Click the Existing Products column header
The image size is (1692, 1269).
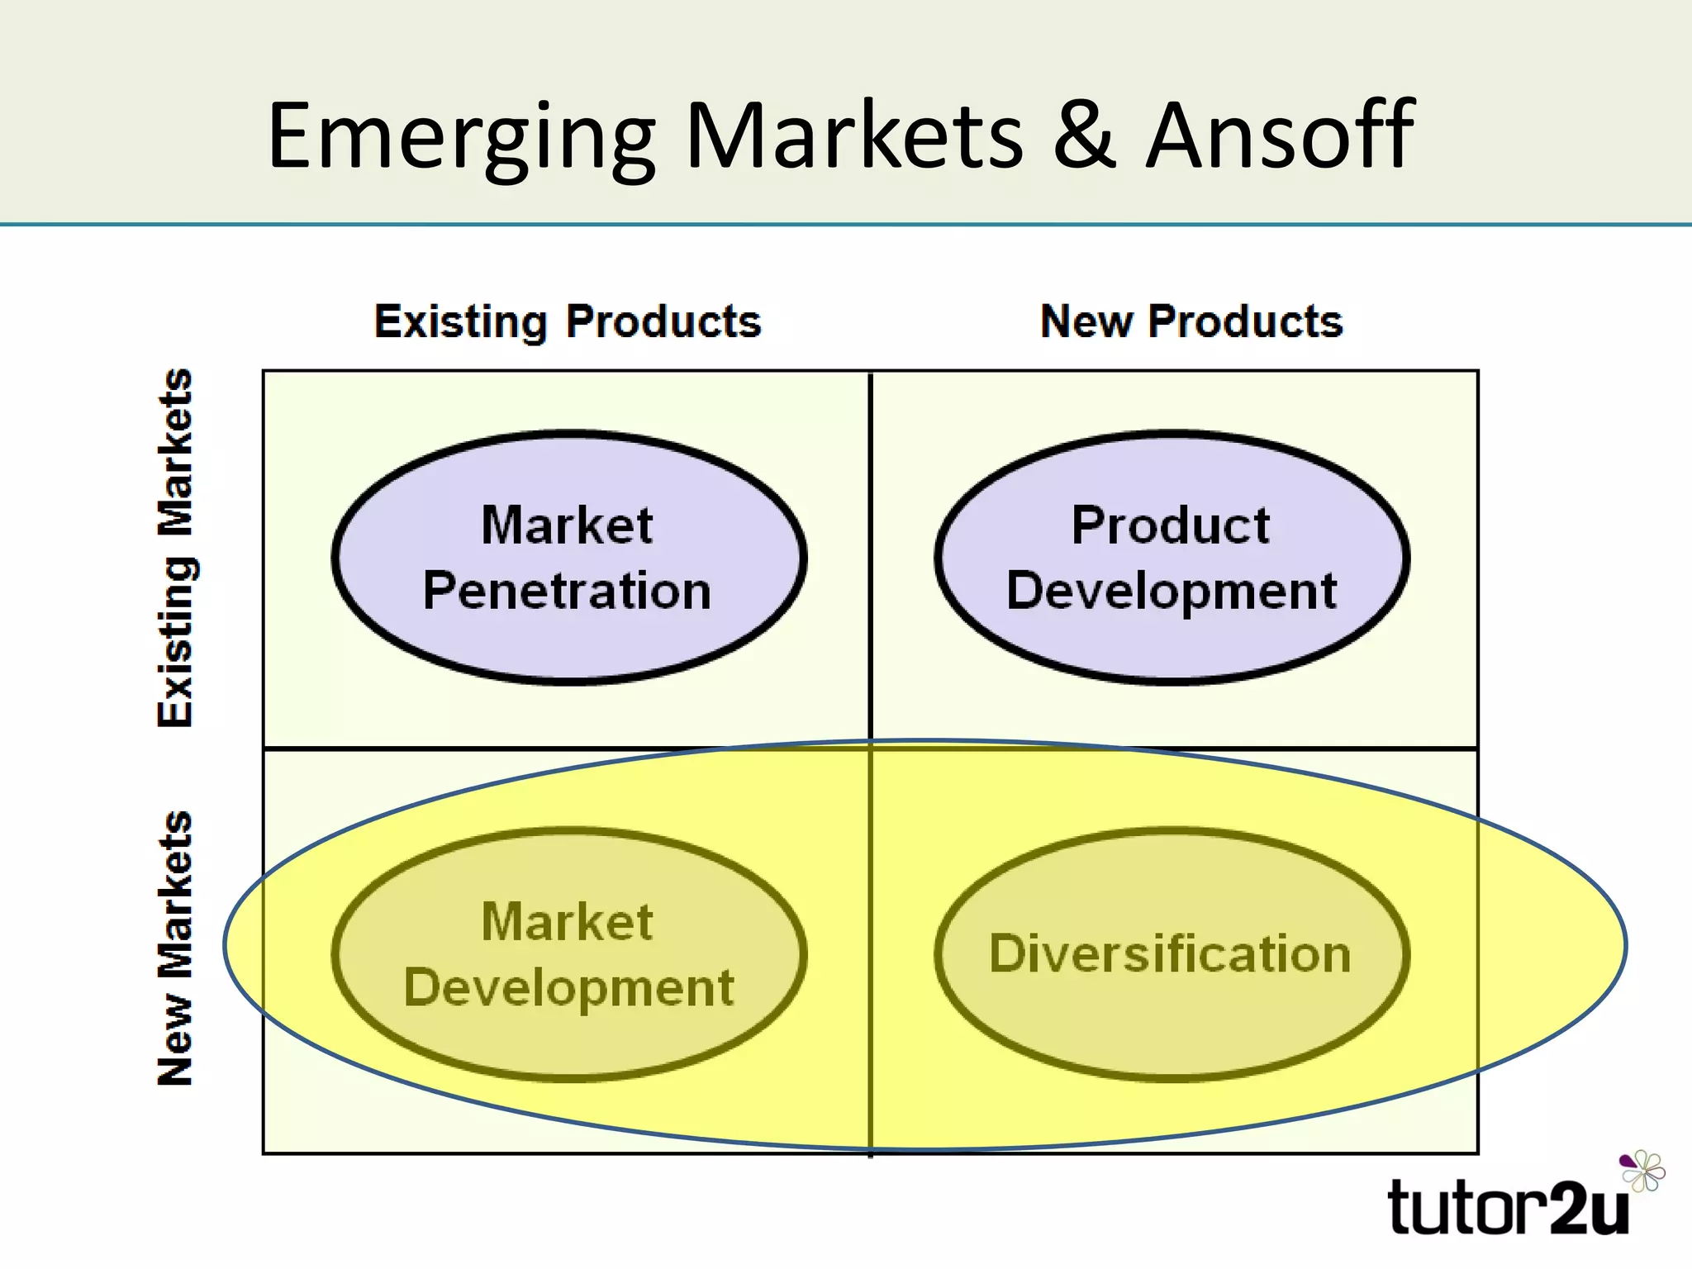click(568, 321)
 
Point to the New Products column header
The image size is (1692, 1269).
click(1191, 321)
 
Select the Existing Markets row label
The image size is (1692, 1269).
click(176, 548)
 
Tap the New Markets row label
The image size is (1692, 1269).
click(176, 948)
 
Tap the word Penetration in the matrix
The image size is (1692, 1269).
click(567, 591)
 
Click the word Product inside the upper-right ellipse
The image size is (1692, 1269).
click(1171, 525)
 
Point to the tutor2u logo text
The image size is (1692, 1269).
click(1509, 1208)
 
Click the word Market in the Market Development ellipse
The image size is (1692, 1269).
click(568, 922)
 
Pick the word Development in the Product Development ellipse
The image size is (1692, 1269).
click(1171, 591)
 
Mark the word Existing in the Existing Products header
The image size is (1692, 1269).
click(461, 321)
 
